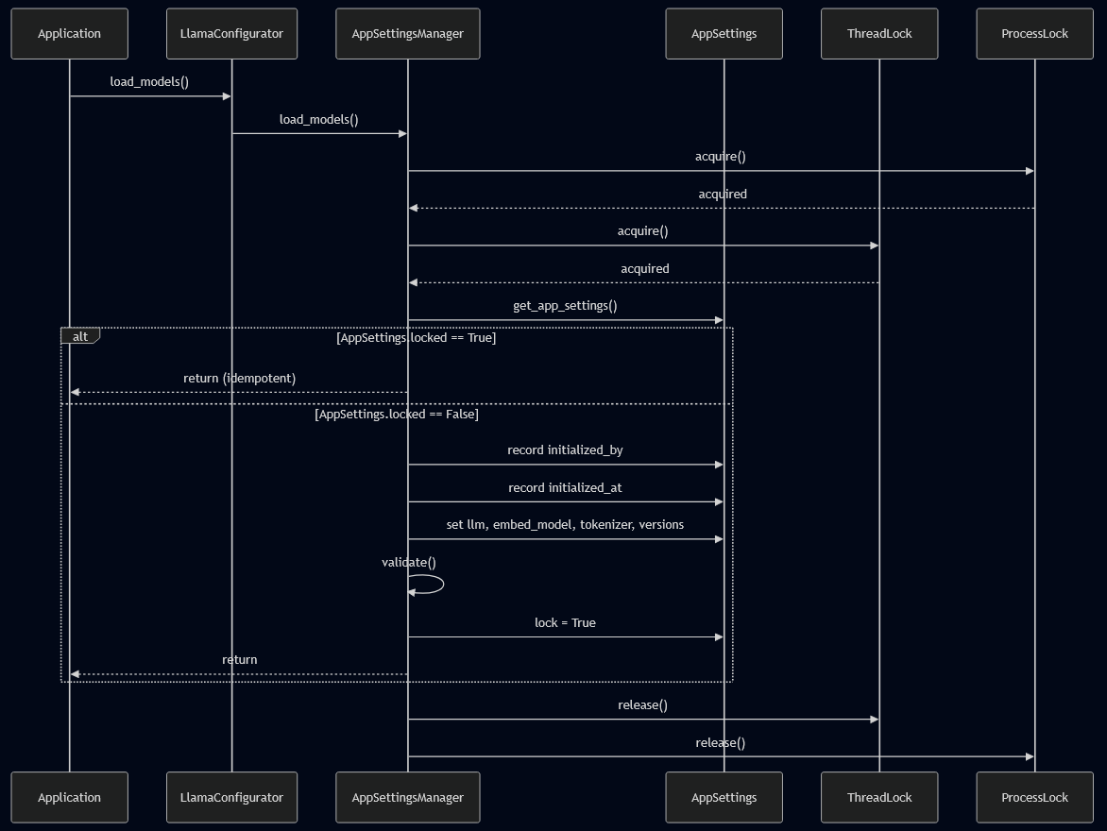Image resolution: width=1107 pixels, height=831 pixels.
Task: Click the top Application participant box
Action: (69, 34)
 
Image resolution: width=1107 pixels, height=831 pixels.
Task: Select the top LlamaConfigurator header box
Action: (231, 34)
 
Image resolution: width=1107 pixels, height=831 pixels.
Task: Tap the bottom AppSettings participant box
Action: (724, 797)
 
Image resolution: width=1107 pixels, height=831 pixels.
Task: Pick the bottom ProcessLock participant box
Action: (1034, 797)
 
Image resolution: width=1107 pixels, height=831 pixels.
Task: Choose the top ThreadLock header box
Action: (879, 34)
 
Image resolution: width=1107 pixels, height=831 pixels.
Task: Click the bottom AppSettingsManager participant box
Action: (407, 797)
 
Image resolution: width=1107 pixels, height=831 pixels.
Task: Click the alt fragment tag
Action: (80, 336)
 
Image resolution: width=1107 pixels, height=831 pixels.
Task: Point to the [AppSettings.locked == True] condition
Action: (416, 337)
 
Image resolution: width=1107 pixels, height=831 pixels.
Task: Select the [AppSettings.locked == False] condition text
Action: (396, 414)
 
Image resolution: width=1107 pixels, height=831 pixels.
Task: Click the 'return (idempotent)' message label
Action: (239, 378)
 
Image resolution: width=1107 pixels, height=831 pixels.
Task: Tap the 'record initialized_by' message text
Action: (565, 449)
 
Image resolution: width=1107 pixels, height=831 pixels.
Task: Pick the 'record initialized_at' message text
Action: (565, 487)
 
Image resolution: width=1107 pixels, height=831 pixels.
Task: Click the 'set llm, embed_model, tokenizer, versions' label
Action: (565, 524)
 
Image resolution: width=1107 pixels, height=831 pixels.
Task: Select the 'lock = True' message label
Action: (565, 622)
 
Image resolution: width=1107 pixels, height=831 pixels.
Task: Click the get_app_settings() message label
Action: (565, 305)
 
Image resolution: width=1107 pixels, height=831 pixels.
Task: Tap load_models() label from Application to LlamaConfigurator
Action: (149, 81)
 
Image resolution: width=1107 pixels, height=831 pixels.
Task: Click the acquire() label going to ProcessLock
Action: (720, 156)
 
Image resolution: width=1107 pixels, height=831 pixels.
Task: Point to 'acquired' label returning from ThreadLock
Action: (644, 268)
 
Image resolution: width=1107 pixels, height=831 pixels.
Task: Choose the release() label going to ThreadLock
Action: (642, 704)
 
